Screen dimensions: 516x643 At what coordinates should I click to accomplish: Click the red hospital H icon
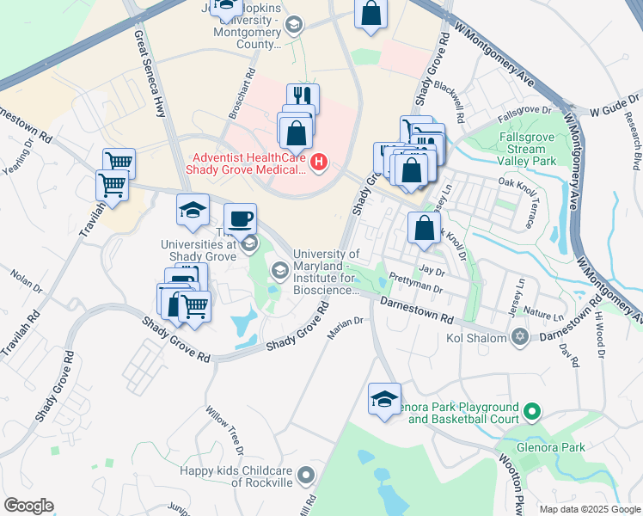coord(320,161)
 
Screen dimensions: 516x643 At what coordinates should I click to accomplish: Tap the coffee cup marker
coord(240,218)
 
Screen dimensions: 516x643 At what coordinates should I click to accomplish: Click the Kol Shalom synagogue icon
coord(518,336)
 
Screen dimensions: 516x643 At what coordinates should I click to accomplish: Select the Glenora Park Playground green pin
coord(532,414)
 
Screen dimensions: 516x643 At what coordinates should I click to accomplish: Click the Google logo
coord(28,506)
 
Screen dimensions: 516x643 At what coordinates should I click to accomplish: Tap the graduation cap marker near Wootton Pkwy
coord(384,398)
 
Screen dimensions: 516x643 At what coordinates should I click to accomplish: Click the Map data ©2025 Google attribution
coord(589,509)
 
